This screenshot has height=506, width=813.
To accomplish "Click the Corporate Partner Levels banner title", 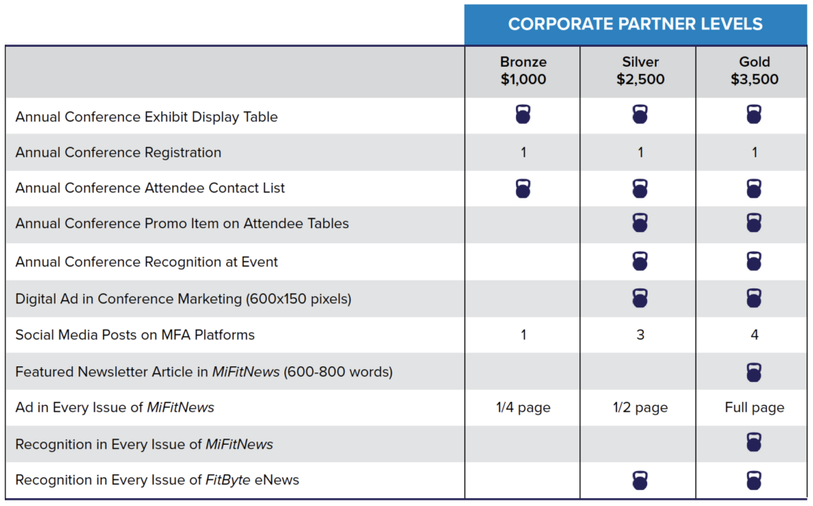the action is (x=635, y=24).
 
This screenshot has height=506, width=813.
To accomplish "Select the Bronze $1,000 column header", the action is (x=523, y=71).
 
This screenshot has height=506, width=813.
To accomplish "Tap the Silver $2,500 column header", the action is (x=641, y=71).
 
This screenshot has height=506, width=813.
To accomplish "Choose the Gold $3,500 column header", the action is (x=754, y=71).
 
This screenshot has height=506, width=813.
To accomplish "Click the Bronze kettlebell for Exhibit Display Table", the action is (x=523, y=114).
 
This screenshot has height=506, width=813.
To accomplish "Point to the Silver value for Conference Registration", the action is (x=641, y=153).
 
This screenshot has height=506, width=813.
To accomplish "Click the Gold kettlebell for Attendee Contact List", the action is (x=754, y=188).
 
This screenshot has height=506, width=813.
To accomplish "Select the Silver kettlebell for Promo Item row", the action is (x=640, y=222).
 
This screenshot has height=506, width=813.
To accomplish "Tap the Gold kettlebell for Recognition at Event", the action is (x=754, y=261).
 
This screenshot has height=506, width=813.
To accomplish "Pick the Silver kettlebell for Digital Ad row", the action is (x=640, y=298).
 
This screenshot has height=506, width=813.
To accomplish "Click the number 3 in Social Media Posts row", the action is (x=641, y=334).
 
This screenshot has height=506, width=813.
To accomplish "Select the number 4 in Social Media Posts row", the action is (x=754, y=334).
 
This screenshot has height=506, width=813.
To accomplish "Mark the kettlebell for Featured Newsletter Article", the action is (x=754, y=372).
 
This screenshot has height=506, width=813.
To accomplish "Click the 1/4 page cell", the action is (x=523, y=408).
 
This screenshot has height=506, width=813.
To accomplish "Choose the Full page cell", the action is (x=754, y=408).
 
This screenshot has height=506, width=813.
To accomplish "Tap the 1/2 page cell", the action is (x=641, y=408).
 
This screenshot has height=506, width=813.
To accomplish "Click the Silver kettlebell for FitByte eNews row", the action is (x=640, y=481).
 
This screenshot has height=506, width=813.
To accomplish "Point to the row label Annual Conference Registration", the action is (x=118, y=153).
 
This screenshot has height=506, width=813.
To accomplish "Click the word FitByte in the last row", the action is (x=228, y=480).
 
